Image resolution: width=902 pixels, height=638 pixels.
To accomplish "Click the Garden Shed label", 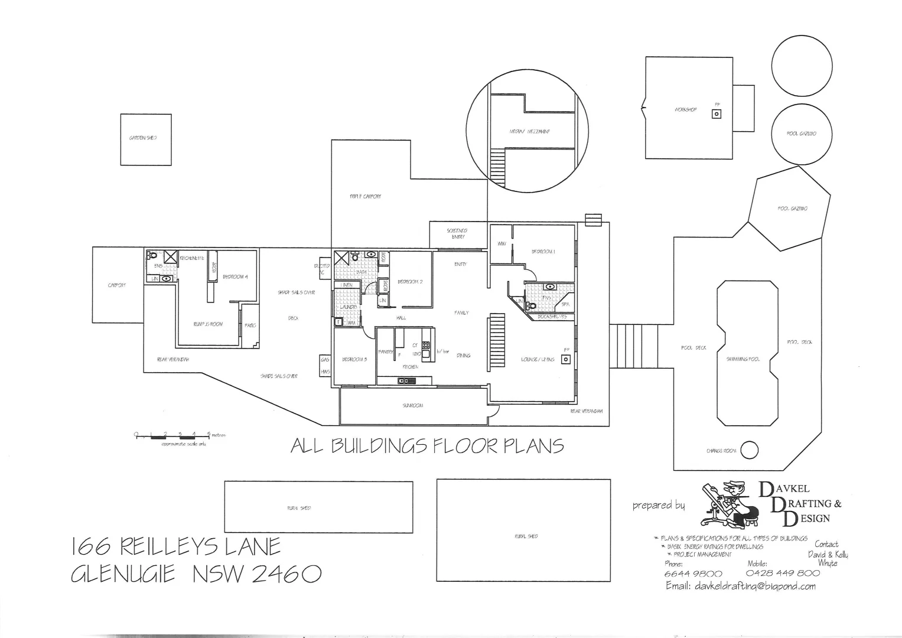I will [x=142, y=138].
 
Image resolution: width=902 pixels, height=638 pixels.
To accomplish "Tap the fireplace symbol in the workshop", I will [x=716, y=113].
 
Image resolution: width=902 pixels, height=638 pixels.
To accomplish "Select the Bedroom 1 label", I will [x=543, y=252].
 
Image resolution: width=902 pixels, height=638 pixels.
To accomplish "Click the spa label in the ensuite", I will [x=565, y=305].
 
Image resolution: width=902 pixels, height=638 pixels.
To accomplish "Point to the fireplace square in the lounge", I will [x=566, y=359].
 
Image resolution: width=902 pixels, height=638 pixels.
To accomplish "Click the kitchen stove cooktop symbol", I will [x=425, y=349].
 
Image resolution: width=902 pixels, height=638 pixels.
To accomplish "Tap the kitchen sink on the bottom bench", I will [x=406, y=381].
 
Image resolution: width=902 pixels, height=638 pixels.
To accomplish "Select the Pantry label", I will [x=385, y=351].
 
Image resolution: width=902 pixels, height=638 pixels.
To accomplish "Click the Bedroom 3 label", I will [x=354, y=359].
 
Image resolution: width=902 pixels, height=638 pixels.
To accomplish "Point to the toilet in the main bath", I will [x=355, y=257].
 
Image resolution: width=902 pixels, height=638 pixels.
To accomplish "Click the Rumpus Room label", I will [x=208, y=324].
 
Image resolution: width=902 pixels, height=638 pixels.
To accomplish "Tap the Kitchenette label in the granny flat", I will [x=192, y=258].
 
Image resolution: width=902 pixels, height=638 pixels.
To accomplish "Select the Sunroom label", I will [x=412, y=406].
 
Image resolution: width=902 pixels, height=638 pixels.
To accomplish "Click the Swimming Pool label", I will [x=743, y=359].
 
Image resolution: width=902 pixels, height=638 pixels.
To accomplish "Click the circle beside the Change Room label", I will [x=749, y=450].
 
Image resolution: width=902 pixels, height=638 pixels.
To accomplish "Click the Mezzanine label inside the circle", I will [x=529, y=131].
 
